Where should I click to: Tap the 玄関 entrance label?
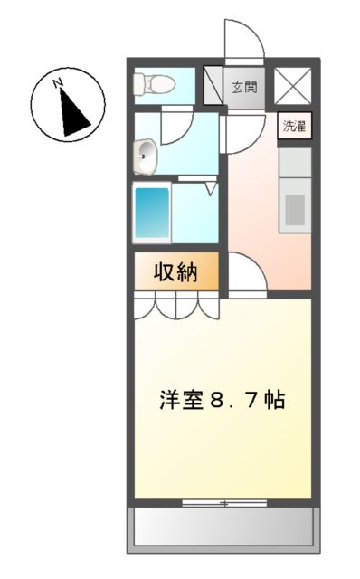coord(244,88)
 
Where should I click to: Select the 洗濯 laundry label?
coord(294,127)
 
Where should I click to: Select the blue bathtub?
coord(151,214)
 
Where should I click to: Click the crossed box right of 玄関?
coord(293,87)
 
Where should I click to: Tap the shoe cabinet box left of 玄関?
coord(213,87)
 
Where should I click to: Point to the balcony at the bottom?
coord(223,529)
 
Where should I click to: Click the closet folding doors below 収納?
coord(177,308)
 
